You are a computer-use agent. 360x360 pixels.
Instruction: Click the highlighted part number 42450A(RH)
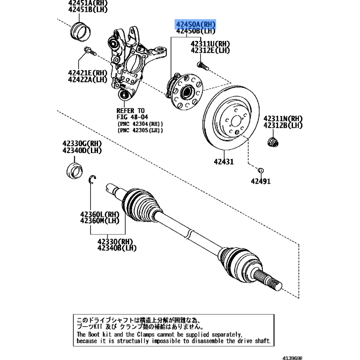[x=196, y=24]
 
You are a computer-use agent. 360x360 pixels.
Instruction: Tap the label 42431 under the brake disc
[x=223, y=161]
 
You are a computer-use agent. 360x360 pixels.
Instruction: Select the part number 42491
[x=261, y=181]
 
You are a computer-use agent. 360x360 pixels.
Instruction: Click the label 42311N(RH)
[x=283, y=118]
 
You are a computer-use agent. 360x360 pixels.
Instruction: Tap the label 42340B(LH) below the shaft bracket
[x=117, y=247]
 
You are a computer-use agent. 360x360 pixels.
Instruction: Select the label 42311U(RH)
[x=210, y=44]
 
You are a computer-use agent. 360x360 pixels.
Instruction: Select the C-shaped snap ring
[x=92, y=180]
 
